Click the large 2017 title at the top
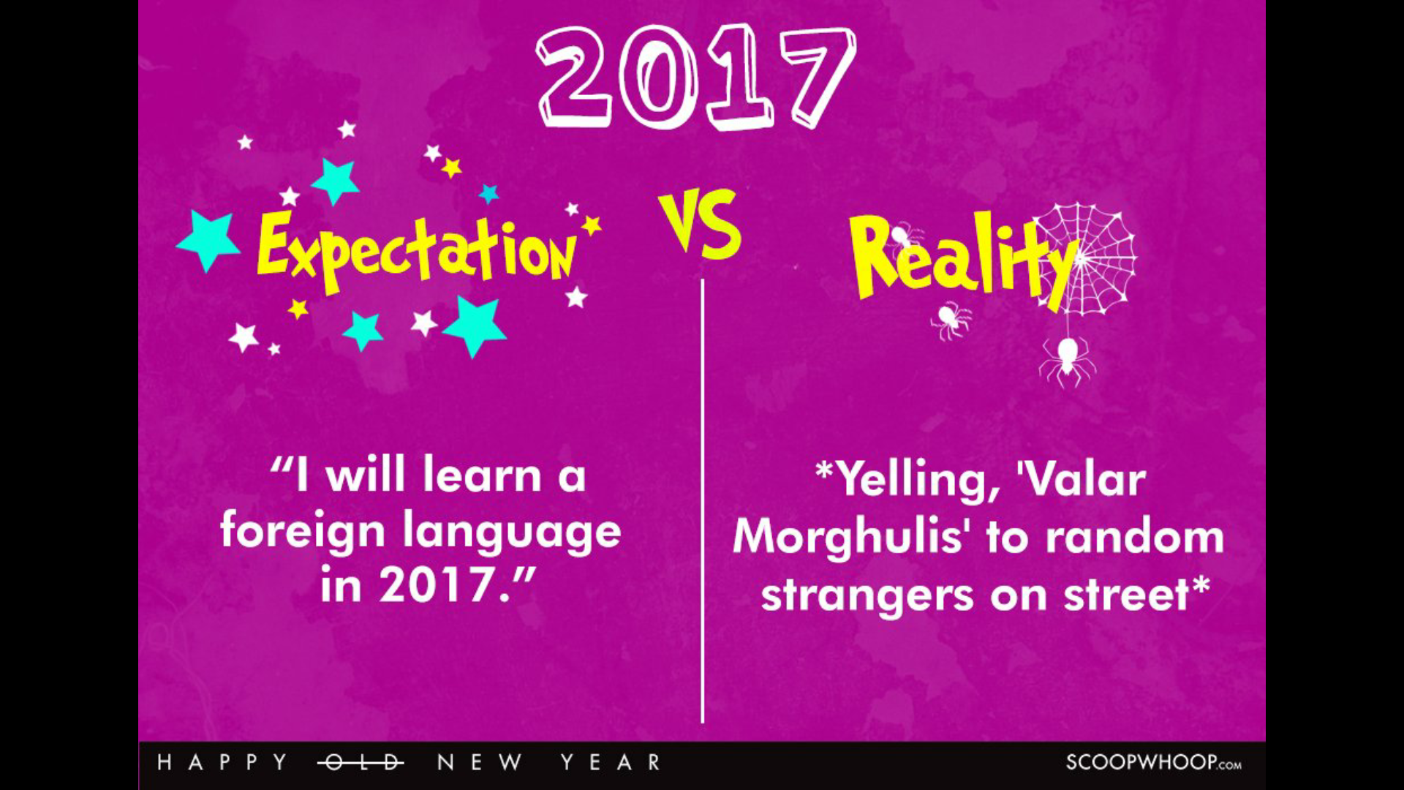click(695, 78)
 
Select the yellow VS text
click(700, 224)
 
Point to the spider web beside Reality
click(1086, 259)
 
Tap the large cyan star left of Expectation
click(208, 241)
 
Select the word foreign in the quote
click(302, 532)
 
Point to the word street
click(1126, 595)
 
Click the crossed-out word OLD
click(361, 763)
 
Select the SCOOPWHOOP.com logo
click(1153, 763)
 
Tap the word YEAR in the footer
click(611, 763)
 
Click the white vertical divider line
click(703, 500)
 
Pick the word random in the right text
click(1134, 538)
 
